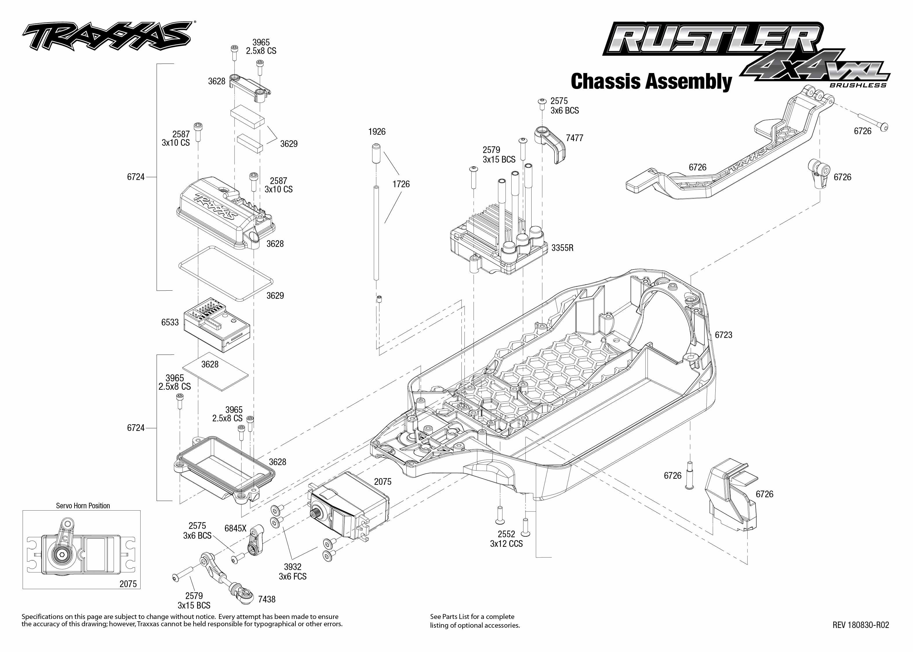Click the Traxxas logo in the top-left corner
click(x=106, y=36)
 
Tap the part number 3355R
click(x=562, y=248)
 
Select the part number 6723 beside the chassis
click(x=723, y=335)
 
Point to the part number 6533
click(x=170, y=323)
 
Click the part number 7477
click(x=574, y=138)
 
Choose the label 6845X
click(x=235, y=528)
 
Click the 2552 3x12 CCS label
click(x=506, y=539)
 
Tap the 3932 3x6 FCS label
click(x=293, y=572)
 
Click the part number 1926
click(x=377, y=132)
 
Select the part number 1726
click(x=401, y=184)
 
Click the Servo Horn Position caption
click(x=83, y=506)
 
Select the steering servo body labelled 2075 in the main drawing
click(x=347, y=506)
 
